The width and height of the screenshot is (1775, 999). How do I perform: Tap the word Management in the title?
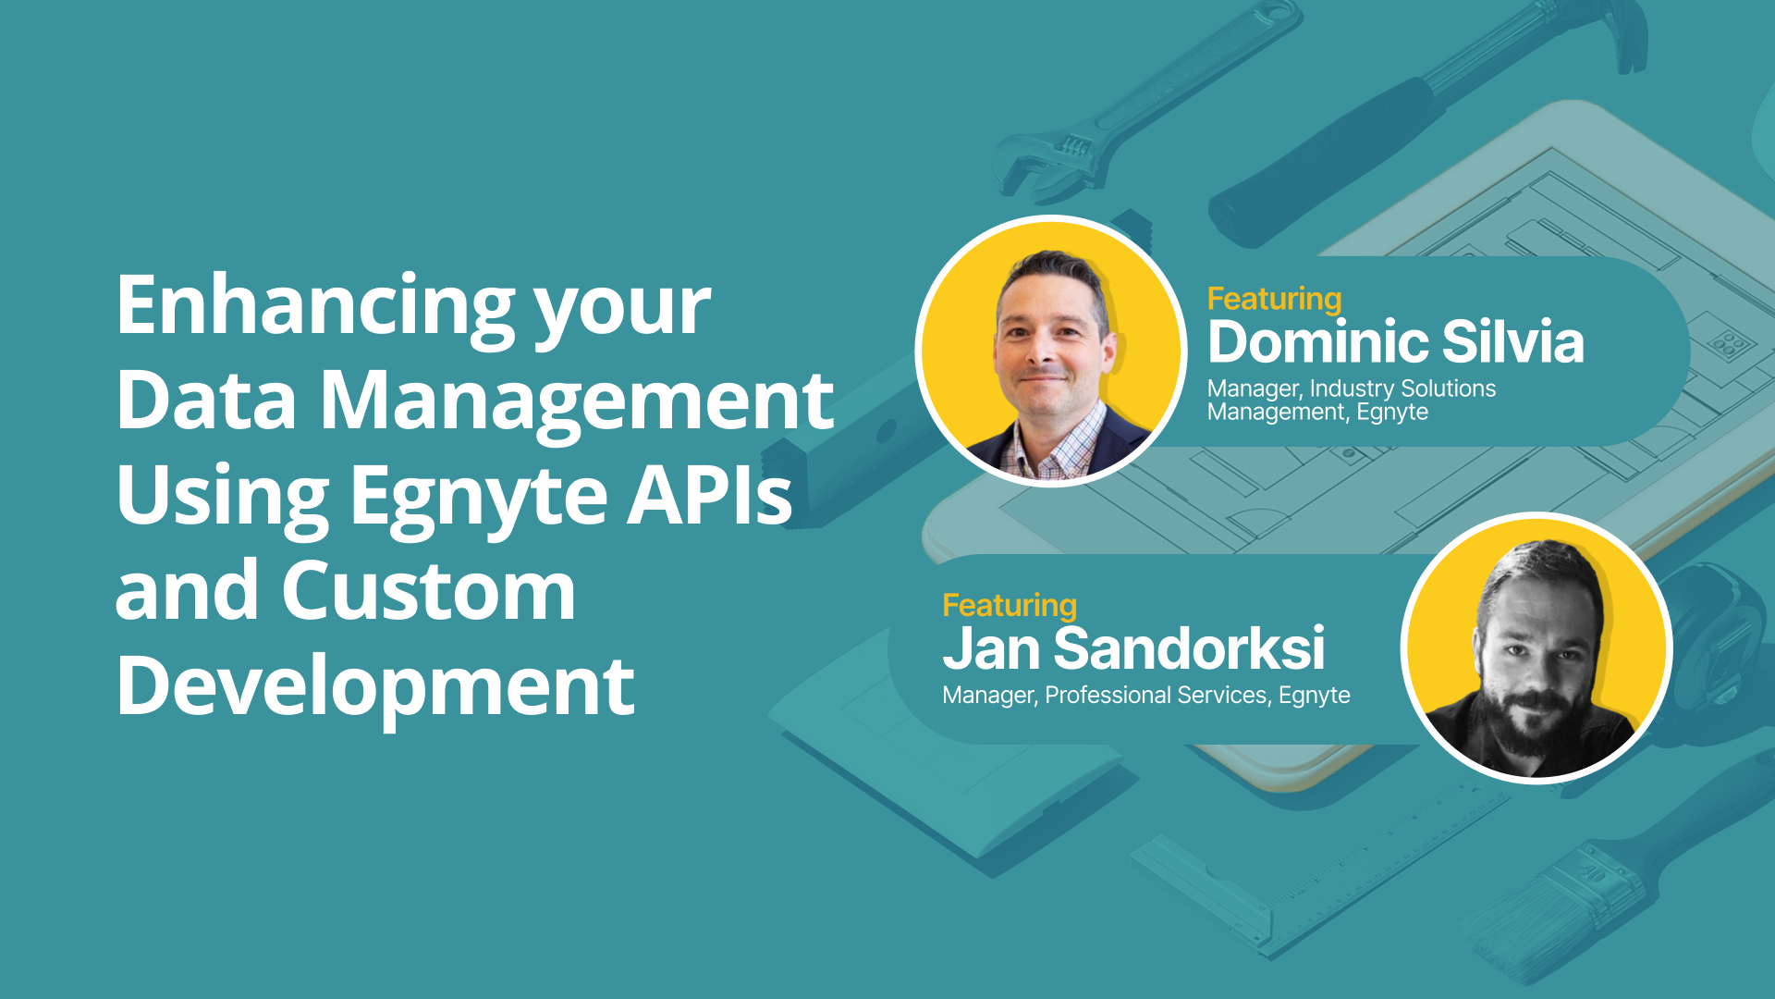click(x=577, y=403)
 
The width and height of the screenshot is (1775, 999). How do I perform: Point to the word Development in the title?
click(x=375, y=688)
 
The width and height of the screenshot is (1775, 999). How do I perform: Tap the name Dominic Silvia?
click(x=1396, y=341)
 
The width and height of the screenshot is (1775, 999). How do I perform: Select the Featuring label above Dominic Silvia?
click(x=1274, y=299)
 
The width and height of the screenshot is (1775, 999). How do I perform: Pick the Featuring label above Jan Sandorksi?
click(x=1010, y=605)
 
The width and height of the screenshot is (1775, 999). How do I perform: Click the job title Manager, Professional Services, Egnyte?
click(x=1146, y=696)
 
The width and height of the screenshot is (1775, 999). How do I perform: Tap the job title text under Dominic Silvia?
click(x=1352, y=401)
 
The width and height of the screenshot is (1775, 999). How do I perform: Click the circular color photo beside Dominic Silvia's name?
click(x=1051, y=351)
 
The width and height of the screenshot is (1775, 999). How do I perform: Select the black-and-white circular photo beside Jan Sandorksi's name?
click(x=1536, y=647)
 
